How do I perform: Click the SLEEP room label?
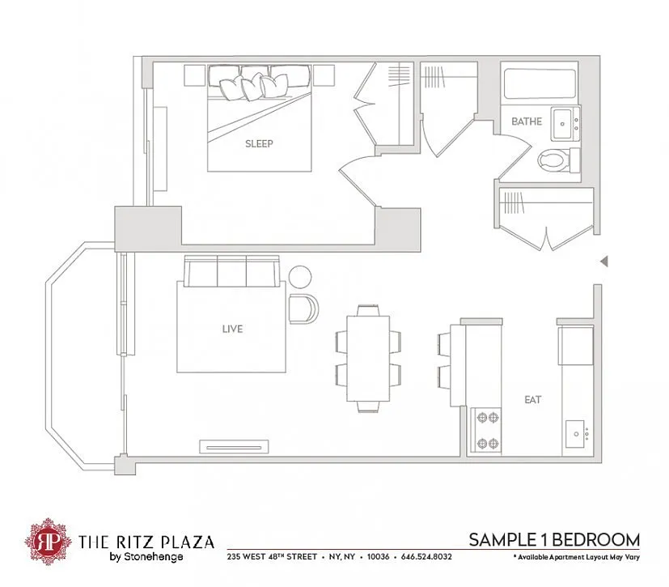[259, 143]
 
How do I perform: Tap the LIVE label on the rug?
[232, 329]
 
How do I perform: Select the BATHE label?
[527, 121]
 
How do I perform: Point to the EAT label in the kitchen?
[533, 400]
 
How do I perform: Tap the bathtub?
[540, 83]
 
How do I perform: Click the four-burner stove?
[486, 430]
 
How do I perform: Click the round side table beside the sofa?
[300, 277]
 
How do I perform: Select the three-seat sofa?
[231, 271]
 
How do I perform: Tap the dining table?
[368, 358]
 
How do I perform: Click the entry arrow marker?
[604, 262]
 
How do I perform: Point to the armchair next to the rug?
[303, 308]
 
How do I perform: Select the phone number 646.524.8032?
[426, 557]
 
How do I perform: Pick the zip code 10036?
[378, 557]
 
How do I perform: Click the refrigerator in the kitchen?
[576, 345]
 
